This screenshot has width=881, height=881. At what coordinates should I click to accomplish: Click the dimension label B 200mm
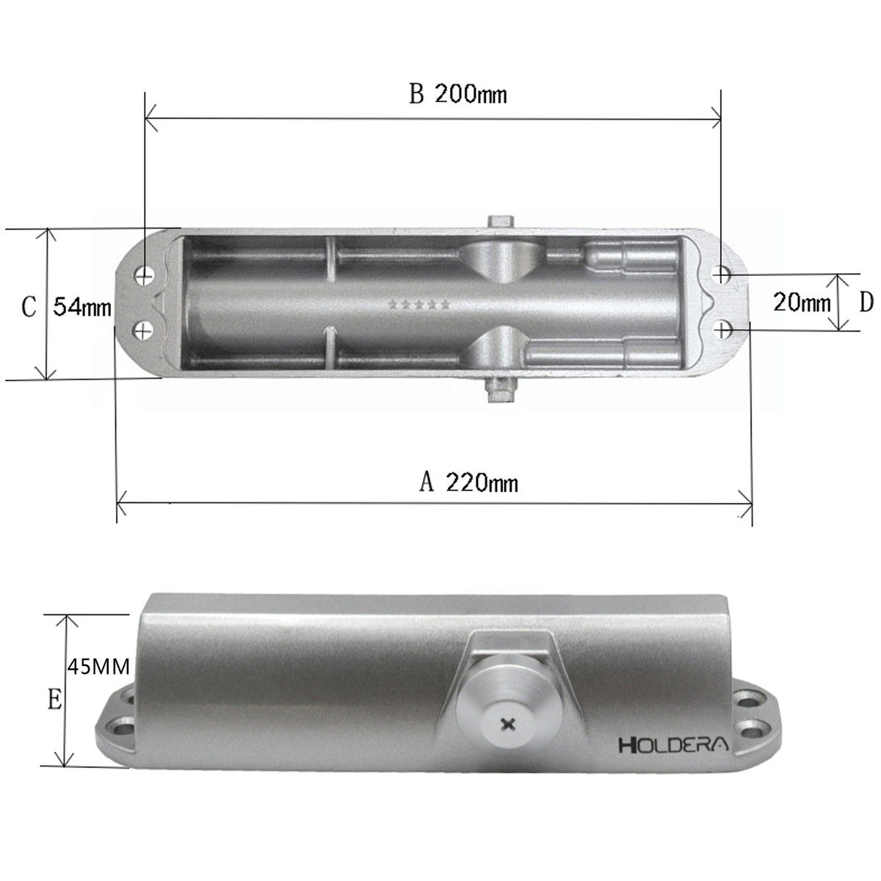(457, 95)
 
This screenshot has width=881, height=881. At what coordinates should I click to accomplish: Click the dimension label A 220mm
(468, 482)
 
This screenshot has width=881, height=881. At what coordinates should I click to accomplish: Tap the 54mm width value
(82, 306)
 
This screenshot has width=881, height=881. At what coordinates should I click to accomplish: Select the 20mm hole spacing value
(802, 302)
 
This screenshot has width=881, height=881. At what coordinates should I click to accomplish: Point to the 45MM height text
(99, 667)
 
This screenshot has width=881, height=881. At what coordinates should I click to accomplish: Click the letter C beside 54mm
(29, 307)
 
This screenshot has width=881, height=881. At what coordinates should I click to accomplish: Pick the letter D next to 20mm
(866, 302)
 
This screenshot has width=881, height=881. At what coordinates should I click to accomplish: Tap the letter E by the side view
(55, 700)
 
